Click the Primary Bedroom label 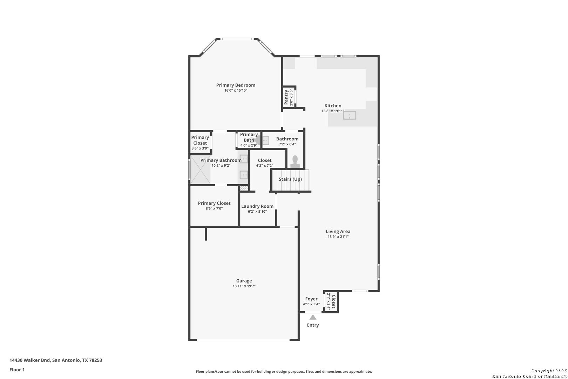(236, 85)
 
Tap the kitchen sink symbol (350, 115)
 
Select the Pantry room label (286, 97)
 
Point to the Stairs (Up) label (290, 179)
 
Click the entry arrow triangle (313, 317)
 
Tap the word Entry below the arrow (313, 325)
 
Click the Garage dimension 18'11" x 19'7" (244, 286)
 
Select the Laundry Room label (257, 206)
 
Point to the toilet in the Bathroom (295, 162)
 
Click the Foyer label (311, 299)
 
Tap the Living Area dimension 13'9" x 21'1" (338, 237)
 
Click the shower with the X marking (200, 169)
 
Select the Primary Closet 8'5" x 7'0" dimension (214, 208)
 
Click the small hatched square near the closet (244, 188)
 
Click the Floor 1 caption (17, 370)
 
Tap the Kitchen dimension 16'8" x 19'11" (333, 111)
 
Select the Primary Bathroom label (221, 160)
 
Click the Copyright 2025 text (549, 371)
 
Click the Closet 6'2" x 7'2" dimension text (264, 166)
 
